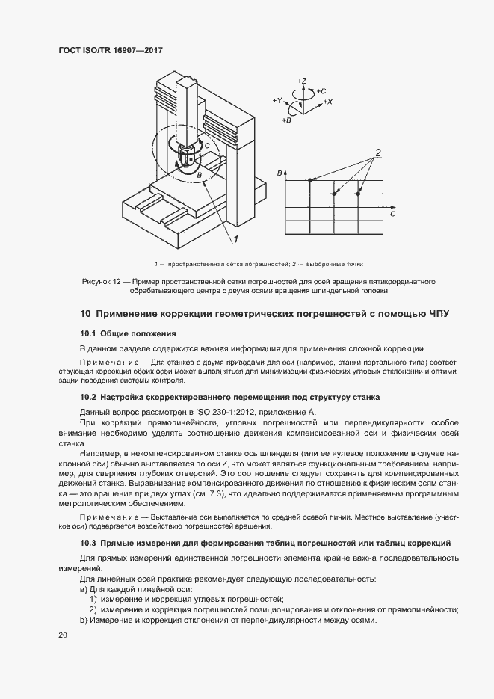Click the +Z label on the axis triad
pos(302,79)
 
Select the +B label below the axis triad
pos(287,120)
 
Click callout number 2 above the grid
pos(378,153)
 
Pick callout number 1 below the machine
pos(235,238)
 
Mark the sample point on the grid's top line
pos(311,180)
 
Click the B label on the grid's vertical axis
pos(279,173)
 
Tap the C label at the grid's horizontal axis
pos(392,214)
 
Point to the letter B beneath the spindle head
pos(199,175)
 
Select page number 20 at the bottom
pos(63,635)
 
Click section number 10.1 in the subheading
pos(89,333)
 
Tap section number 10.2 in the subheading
pos(89,398)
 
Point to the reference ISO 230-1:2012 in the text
pos(224,413)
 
